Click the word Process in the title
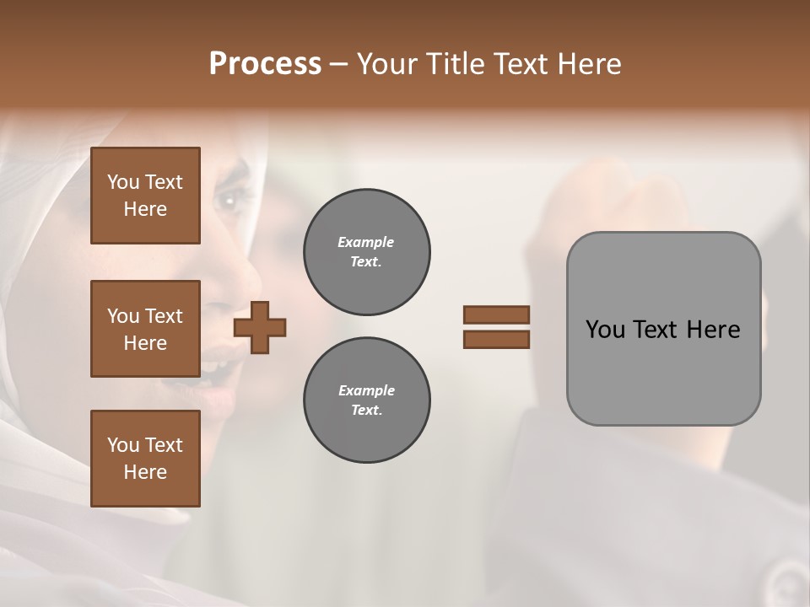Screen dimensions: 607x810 point(265,63)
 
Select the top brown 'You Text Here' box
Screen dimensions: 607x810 point(145,196)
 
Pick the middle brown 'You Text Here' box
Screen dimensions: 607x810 point(145,329)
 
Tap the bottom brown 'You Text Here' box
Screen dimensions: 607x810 point(145,459)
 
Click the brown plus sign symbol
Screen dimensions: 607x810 point(260,327)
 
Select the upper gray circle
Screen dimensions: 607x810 point(366,252)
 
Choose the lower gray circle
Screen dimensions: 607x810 point(366,400)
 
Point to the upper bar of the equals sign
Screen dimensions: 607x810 point(496,314)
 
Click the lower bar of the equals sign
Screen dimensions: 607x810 point(496,340)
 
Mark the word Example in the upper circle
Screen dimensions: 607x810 point(365,242)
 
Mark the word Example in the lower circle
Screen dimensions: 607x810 point(366,390)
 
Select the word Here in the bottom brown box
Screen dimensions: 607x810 point(145,472)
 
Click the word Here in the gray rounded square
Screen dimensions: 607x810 point(713,330)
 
